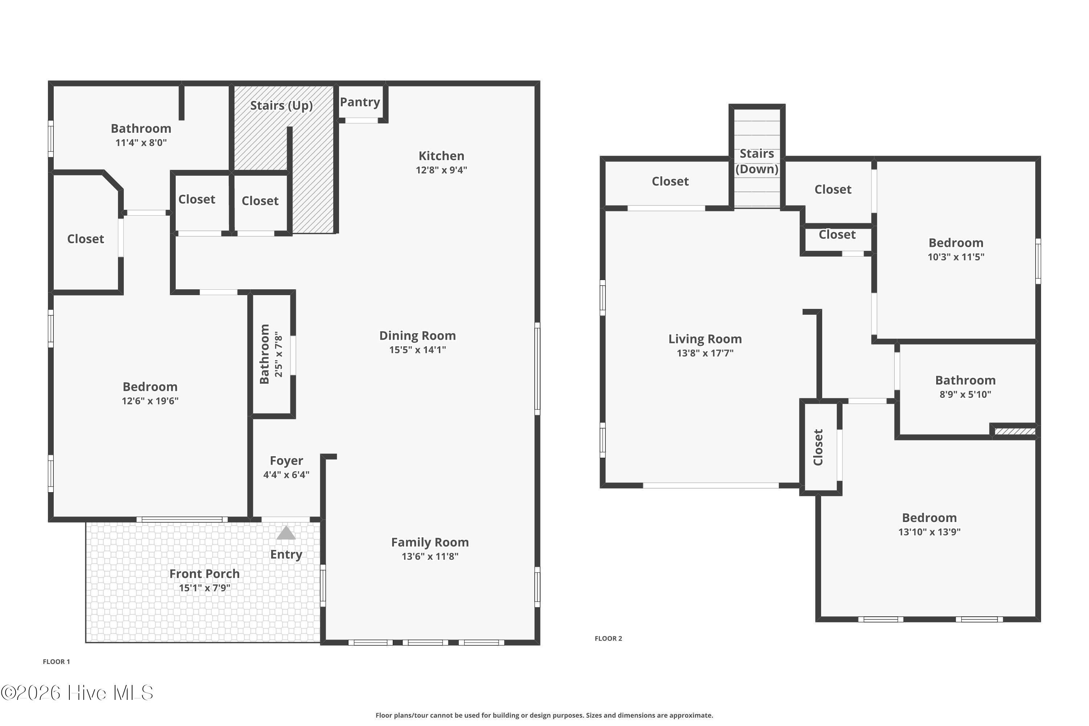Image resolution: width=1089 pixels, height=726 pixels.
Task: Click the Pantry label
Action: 360,102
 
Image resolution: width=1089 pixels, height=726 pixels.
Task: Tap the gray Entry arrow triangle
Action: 286,533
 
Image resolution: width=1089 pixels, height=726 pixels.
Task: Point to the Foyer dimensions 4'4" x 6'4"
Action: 286,474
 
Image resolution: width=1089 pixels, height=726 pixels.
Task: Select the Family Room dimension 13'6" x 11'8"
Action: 430,556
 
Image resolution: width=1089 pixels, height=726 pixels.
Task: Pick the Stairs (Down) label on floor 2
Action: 756,161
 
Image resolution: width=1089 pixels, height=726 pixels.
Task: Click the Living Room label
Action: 705,339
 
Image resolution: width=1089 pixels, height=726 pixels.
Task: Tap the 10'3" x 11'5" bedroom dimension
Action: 956,257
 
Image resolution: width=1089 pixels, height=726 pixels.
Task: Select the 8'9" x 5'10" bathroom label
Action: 965,380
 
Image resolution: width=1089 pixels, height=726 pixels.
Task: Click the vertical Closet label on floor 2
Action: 818,447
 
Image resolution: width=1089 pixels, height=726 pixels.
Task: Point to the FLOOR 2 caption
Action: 608,639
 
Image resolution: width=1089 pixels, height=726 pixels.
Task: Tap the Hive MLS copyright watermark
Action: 77,693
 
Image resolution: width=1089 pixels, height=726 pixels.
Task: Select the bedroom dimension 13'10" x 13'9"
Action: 929,532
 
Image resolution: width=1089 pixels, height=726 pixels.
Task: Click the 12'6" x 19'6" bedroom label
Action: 150,387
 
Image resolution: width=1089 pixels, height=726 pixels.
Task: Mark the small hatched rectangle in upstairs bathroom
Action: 1015,432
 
